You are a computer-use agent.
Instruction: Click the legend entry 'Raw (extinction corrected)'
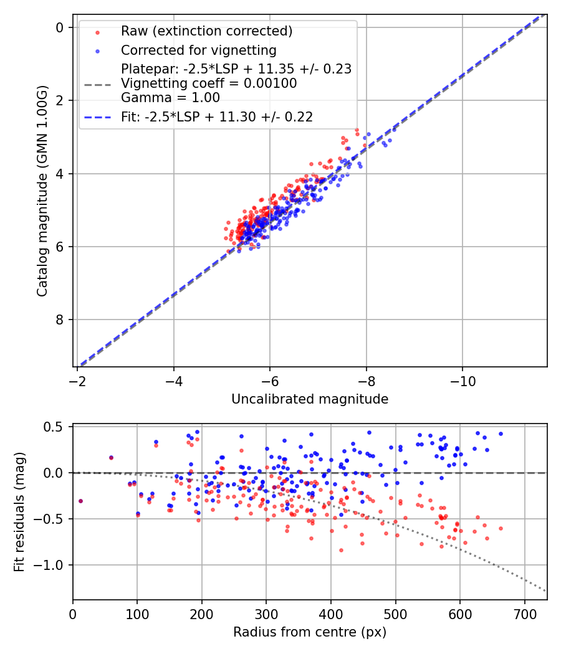(206, 31)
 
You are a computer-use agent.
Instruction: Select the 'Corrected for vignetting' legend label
(198, 50)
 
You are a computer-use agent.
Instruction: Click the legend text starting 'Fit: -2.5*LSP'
(217, 116)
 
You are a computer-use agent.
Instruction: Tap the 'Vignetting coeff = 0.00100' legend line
(209, 83)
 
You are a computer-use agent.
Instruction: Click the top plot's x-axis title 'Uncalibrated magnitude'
(310, 399)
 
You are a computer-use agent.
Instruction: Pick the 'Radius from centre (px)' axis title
(310, 632)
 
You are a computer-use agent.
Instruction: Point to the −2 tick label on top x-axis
(77, 380)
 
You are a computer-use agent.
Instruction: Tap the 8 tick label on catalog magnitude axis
(60, 320)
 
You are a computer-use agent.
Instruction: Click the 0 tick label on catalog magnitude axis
(60, 27)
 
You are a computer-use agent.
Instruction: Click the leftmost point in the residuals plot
(80, 501)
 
